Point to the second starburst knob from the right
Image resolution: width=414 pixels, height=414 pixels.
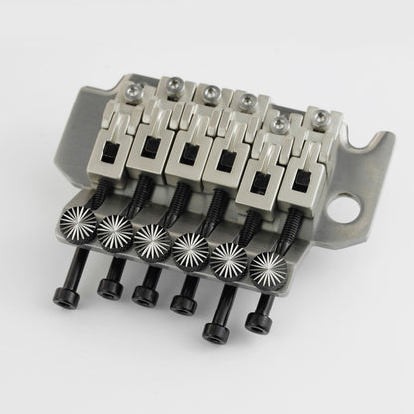231,257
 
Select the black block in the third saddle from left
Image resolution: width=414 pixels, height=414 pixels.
185,156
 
